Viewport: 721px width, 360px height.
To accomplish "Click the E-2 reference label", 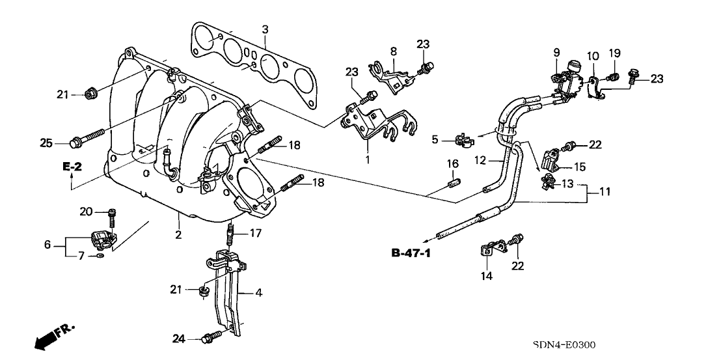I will tap(72, 168).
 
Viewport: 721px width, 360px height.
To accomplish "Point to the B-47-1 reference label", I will tap(411, 253).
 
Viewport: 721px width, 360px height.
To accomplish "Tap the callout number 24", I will tap(179, 339).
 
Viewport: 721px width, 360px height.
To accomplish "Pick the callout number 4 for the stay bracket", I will tap(258, 294).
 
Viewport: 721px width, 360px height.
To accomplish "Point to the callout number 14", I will tap(487, 276).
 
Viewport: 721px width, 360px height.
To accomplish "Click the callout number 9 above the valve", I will tap(556, 51).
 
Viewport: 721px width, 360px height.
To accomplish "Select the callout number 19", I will tap(615, 53).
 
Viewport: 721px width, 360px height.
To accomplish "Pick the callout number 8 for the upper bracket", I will tap(393, 51).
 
